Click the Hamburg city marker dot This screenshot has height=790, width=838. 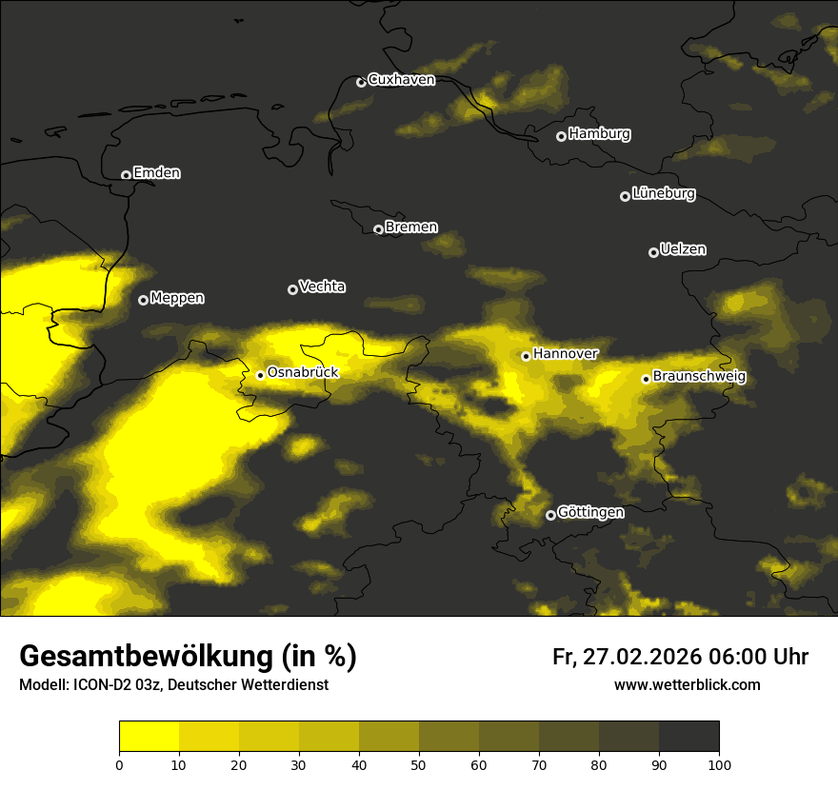[x=561, y=136]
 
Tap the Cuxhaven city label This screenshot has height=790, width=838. [x=401, y=80]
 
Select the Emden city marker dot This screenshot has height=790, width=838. [x=126, y=175]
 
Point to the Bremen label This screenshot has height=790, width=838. [x=411, y=227]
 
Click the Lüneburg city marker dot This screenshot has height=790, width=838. [x=625, y=196]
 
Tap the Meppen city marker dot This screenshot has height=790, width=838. [x=143, y=300]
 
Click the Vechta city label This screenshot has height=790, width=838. [x=322, y=286]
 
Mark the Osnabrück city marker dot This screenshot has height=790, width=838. [x=260, y=375]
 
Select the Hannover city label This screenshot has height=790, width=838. [x=566, y=354]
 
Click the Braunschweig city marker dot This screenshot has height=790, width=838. [x=646, y=379]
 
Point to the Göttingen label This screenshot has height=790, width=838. [x=590, y=512]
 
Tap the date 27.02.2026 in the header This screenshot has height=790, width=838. [x=642, y=657]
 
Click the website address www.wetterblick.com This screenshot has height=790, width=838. [x=687, y=685]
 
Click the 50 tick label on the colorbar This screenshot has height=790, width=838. [x=419, y=763]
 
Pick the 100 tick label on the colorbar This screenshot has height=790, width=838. [x=719, y=763]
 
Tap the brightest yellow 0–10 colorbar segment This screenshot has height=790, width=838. [x=149, y=737]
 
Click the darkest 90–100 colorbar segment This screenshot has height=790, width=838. [x=688, y=737]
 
